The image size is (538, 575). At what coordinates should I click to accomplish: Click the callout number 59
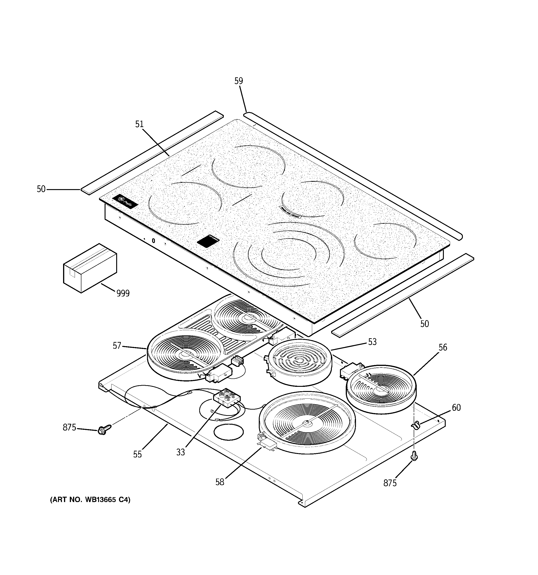pyautogui.click(x=239, y=81)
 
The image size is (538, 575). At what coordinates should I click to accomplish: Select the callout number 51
pyautogui.click(x=139, y=124)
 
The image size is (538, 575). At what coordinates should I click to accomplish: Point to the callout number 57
pyautogui.click(x=117, y=346)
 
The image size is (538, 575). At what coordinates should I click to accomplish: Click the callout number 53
pyautogui.click(x=372, y=342)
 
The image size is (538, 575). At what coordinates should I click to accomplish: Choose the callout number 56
pyautogui.click(x=443, y=347)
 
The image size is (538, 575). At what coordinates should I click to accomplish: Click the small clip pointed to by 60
pyautogui.click(x=415, y=425)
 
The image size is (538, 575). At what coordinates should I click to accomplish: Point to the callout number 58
pyautogui.click(x=220, y=482)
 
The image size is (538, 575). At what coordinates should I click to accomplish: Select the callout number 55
pyautogui.click(x=138, y=454)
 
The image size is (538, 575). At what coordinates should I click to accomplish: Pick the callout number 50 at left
pyautogui.click(x=41, y=189)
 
